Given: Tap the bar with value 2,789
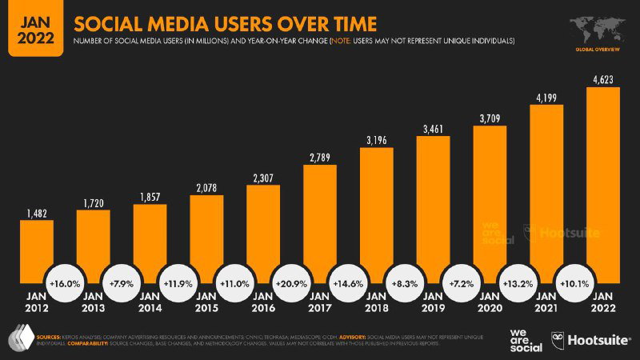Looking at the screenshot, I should pyautogui.click(x=319, y=224).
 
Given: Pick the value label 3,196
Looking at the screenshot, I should pyautogui.click(x=376, y=141).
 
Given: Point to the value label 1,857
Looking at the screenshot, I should pyautogui.click(x=150, y=197).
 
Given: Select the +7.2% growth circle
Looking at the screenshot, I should pyautogui.click(x=462, y=284).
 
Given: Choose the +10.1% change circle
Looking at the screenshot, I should pyautogui.click(x=575, y=284).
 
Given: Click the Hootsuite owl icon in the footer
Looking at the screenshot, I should pyautogui.click(x=556, y=341).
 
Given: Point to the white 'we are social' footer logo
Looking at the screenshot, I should pyautogui.click(x=525, y=341).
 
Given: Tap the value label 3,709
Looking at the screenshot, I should pyautogui.click(x=490, y=119).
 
